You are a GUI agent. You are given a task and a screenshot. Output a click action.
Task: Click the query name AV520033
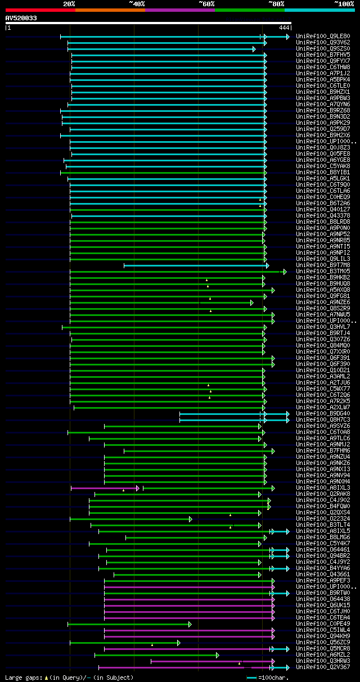pos(21,18)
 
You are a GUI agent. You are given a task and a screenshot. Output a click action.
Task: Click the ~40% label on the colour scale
pos(137,3)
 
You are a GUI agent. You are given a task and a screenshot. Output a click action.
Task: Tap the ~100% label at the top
pos(344,3)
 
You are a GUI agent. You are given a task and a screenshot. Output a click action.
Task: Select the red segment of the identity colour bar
pos(40,10)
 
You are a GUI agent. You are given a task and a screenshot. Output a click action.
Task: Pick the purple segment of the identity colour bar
pos(179,10)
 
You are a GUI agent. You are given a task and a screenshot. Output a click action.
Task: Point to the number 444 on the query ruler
pos(284,28)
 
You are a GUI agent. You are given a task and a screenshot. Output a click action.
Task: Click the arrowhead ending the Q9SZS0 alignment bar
pos(254,49)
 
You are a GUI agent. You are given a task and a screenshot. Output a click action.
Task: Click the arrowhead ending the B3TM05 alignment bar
pos(285,272)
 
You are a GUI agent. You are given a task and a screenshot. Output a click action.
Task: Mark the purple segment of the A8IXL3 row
pos(104,488)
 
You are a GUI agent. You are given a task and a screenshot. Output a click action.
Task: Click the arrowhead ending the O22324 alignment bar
pos(190,519)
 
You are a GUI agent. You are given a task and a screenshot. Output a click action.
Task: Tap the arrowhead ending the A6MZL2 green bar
pos(217,655)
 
